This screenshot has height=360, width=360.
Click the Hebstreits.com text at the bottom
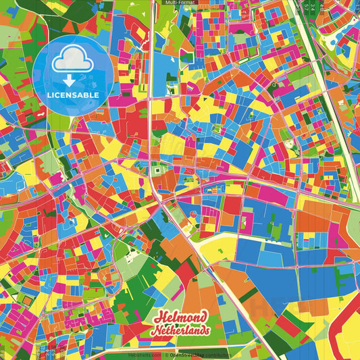[144, 355]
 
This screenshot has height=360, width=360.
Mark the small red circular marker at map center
[193, 214]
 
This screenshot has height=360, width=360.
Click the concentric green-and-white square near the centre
[158, 171]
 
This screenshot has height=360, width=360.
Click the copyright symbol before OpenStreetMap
[167, 355]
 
